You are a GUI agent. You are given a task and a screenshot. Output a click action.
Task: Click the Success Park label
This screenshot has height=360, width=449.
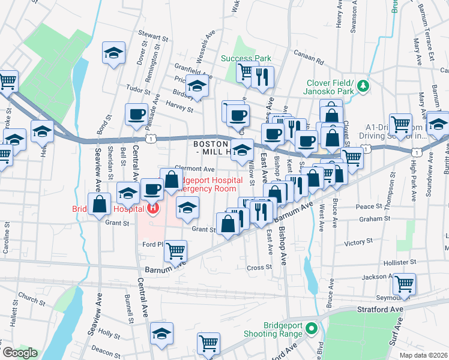[x=246, y=58]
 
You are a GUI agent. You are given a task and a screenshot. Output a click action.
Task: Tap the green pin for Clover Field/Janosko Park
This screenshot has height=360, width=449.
[x=363, y=87]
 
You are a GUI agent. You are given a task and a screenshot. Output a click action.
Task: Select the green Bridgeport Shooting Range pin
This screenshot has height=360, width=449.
[x=311, y=328]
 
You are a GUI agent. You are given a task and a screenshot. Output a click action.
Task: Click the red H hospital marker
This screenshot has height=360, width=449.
[x=152, y=208]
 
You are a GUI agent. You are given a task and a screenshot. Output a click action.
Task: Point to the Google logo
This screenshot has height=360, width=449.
[x=20, y=353]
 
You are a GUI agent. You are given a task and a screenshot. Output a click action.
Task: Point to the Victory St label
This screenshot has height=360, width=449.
[x=359, y=243]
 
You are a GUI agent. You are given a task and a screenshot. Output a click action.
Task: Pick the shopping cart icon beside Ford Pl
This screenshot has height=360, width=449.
[x=175, y=251]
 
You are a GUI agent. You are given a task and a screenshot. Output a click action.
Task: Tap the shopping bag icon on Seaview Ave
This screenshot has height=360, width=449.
[x=98, y=203]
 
